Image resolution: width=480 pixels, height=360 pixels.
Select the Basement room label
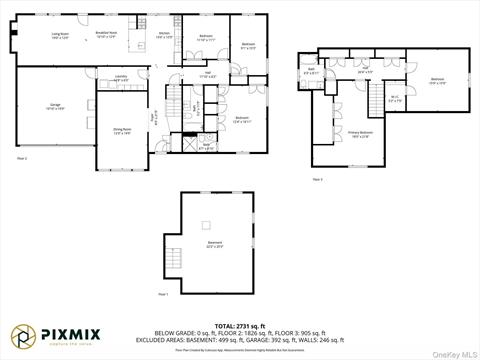pos(214,243)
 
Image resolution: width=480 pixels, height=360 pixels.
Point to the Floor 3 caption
pos(318,179)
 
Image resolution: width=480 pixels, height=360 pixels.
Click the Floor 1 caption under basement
pos(163,294)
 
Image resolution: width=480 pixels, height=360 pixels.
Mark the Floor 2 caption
pos(22,158)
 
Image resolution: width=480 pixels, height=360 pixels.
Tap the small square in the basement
pos(207,225)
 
